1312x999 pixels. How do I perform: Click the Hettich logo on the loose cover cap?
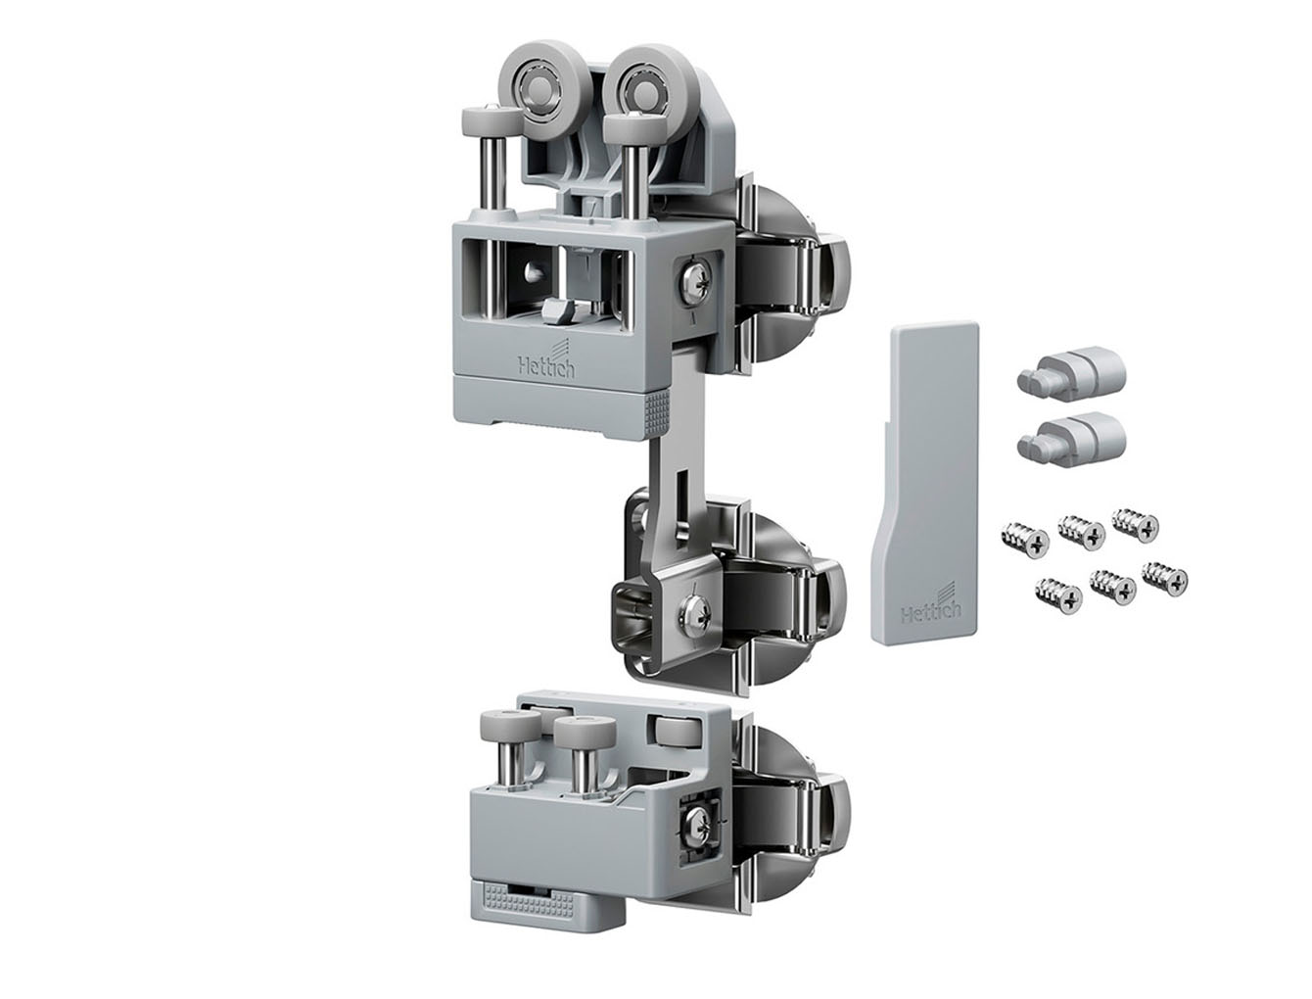[x=931, y=605]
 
